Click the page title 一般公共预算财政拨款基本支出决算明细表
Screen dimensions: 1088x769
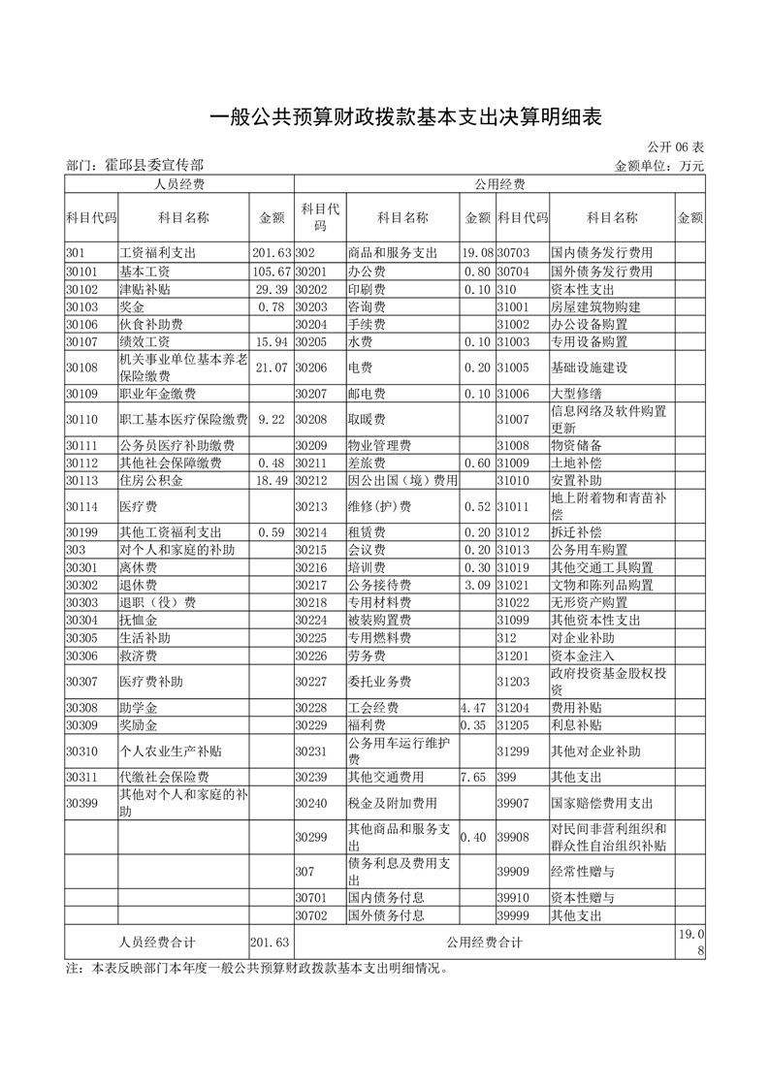pyautogui.click(x=406, y=117)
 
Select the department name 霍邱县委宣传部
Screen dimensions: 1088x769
pyautogui.click(x=135, y=166)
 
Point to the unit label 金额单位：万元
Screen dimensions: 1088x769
pyautogui.click(x=659, y=166)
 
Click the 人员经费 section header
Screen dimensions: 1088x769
pyautogui.click(x=179, y=183)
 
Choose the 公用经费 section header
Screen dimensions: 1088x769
pyautogui.click(x=499, y=183)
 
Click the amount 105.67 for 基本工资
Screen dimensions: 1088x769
pyautogui.click(x=271, y=271)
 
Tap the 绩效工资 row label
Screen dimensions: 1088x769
pyautogui.click(x=144, y=341)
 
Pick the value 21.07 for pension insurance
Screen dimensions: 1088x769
pyautogui.click(x=271, y=368)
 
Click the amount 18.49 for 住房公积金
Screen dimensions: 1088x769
pyautogui.click(x=271, y=480)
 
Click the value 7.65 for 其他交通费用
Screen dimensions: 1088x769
pyautogui.click(x=472, y=777)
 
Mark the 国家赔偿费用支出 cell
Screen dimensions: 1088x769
pyautogui.click(x=602, y=803)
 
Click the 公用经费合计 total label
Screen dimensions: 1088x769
pyautogui.click(x=485, y=942)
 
